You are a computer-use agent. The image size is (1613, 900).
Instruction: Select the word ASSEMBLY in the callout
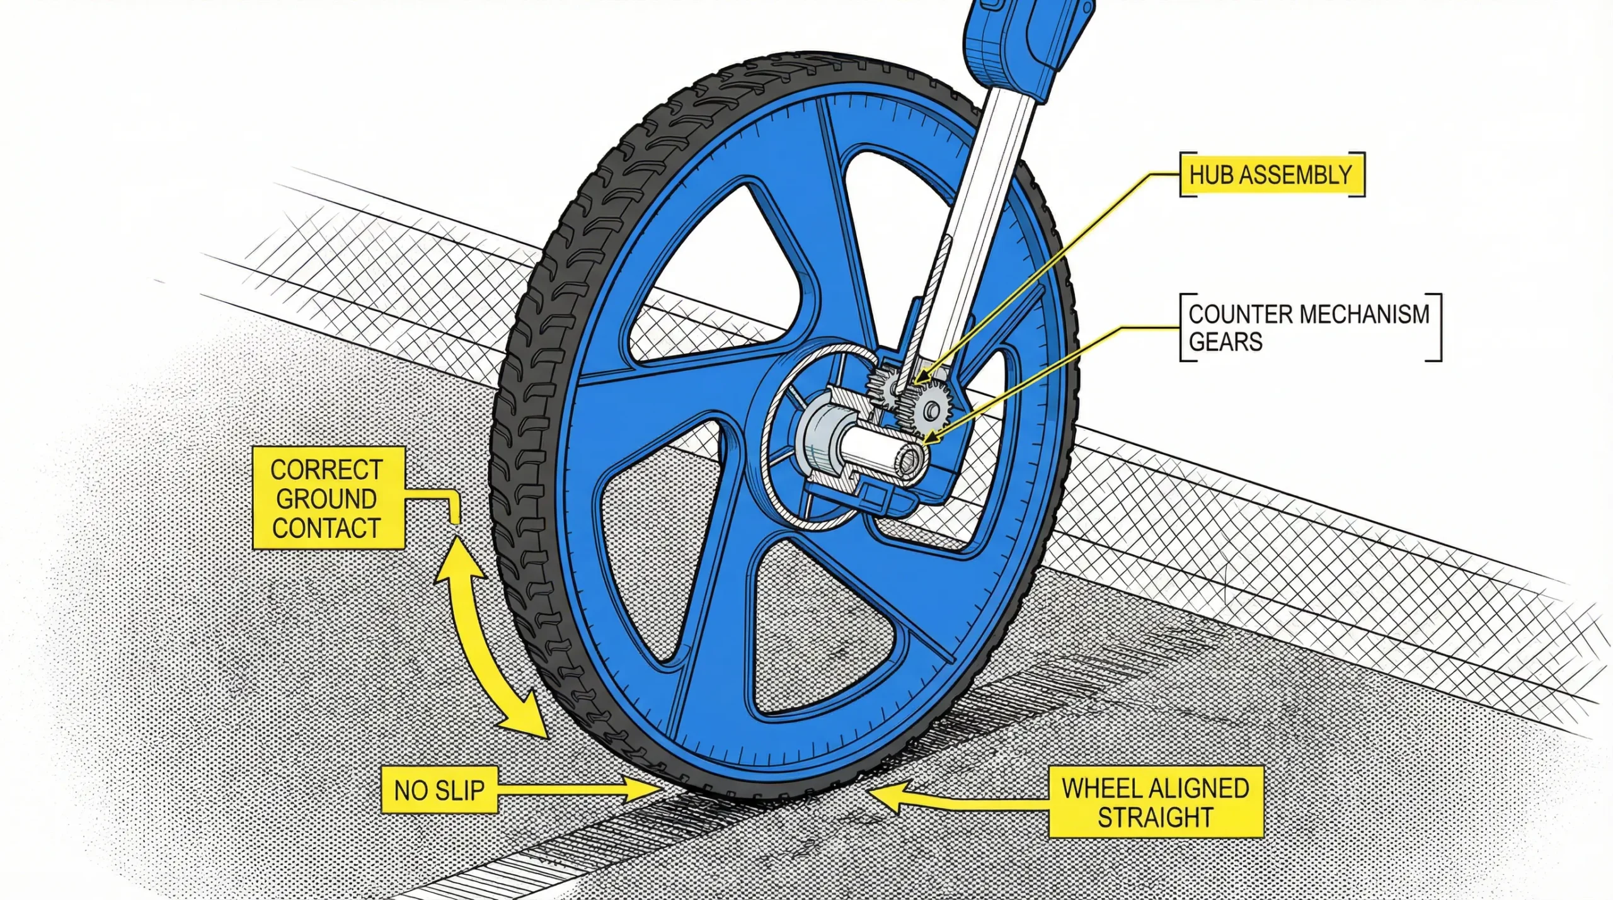pos(1295,174)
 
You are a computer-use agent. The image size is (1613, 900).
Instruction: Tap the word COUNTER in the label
pos(1234,314)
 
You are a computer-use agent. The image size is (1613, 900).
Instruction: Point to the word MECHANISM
pos(1358,314)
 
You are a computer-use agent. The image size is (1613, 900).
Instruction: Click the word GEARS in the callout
pos(1226,341)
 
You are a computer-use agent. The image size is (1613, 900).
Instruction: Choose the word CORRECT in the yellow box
pos(326,470)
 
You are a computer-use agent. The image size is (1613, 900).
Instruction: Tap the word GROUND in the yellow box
pos(326,499)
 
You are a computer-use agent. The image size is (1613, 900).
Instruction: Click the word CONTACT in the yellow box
pos(326,528)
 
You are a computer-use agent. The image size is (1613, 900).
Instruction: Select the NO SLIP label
pos(440,790)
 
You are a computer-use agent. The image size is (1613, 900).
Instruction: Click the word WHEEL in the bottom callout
pos(1104,789)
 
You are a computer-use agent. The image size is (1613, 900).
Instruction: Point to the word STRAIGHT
pos(1156,817)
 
